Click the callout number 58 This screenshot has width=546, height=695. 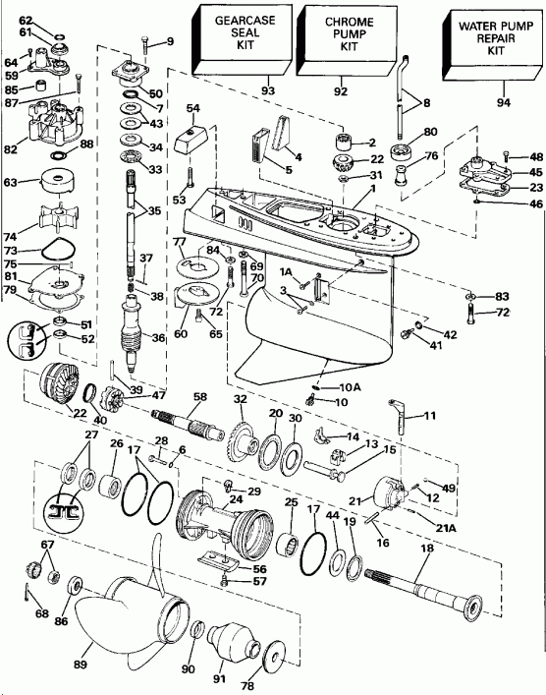point(199,396)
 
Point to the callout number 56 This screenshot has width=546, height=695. point(258,567)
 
